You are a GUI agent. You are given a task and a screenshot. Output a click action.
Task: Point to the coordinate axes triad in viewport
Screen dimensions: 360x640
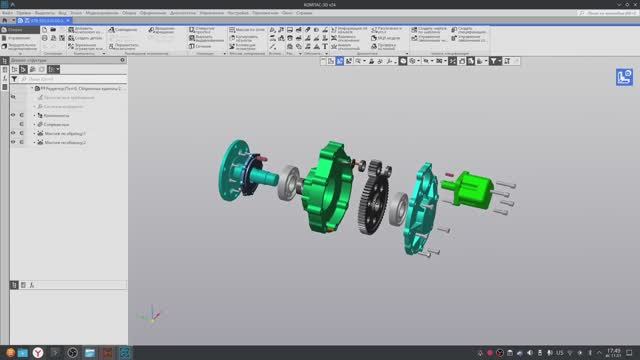click(x=147, y=317)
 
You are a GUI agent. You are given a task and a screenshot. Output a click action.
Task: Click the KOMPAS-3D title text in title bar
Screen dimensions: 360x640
click(x=320, y=4)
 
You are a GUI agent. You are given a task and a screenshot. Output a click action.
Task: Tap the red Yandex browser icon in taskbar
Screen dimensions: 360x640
click(x=38, y=352)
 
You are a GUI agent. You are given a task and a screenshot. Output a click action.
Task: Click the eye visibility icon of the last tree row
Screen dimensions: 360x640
click(x=13, y=142)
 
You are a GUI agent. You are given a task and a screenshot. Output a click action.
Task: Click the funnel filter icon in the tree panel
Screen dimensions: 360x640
click(x=13, y=78)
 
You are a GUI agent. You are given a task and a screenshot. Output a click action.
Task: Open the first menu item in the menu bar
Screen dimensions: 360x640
click(x=7, y=12)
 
